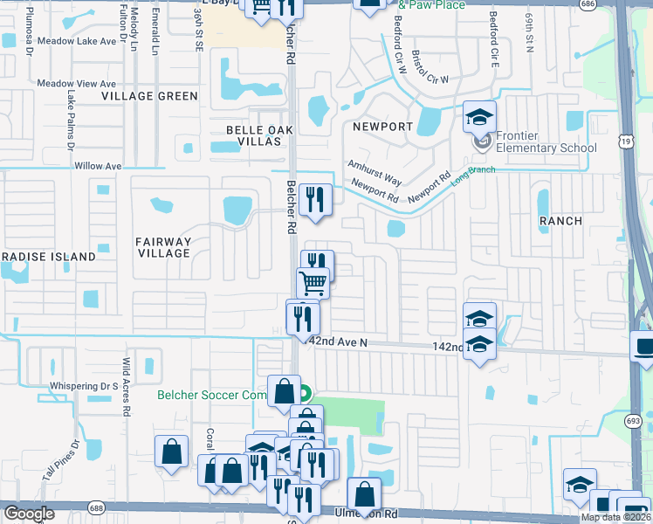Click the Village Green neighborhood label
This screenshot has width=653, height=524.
click(149, 96)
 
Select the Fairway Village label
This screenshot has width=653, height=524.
click(163, 247)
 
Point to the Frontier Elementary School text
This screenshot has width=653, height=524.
click(546, 141)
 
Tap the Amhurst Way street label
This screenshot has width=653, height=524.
click(375, 173)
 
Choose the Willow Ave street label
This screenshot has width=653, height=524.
click(99, 166)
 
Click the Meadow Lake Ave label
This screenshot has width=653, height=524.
click(77, 41)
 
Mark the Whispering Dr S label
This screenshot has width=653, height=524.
click(84, 386)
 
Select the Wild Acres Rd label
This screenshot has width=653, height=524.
click(127, 385)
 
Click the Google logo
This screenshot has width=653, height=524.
click(29, 514)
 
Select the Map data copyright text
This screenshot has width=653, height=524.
click(615, 517)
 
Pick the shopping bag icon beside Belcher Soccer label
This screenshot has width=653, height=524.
click(284, 391)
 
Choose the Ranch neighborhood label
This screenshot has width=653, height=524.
click(560, 221)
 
